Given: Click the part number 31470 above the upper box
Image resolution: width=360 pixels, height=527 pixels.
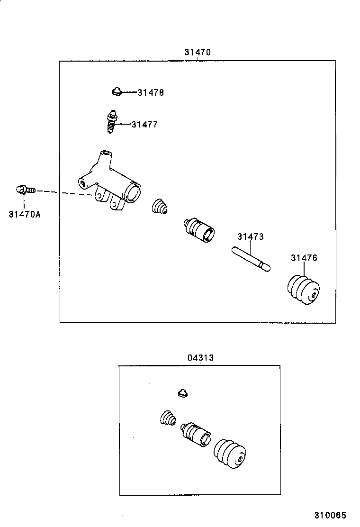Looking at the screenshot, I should [x=198, y=52].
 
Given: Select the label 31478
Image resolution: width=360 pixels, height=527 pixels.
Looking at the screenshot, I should [x=151, y=93].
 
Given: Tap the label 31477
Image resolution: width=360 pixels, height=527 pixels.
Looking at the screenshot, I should [x=144, y=125].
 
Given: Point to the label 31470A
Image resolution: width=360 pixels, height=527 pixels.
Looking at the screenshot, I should [x=25, y=214].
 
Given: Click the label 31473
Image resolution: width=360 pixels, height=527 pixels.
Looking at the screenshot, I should [x=251, y=236].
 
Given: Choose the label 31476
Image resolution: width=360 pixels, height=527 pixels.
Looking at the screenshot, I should [x=304, y=258].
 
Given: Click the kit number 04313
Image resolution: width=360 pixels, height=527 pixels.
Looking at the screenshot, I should [x=200, y=358].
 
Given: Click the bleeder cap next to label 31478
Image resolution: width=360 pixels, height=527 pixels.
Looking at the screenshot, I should [x=116, y=91].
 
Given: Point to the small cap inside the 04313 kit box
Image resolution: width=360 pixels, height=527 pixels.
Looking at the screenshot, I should [x=183, y=393].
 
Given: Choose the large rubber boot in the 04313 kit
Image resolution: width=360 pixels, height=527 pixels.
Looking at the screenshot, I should [x=230, y=455].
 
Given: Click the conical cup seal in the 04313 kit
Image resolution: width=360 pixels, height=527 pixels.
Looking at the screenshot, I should [x=167, y=419].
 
